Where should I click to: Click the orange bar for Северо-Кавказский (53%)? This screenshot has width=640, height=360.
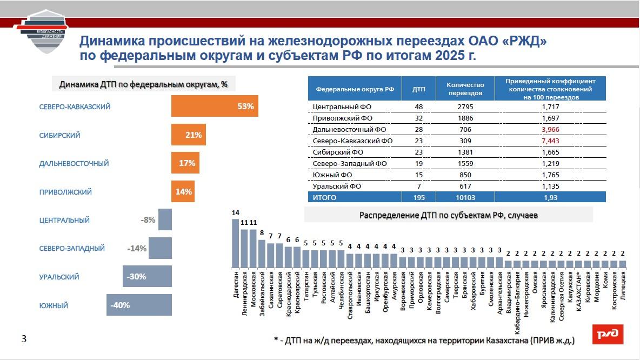215,106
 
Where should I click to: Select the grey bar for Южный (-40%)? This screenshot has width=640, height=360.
139,305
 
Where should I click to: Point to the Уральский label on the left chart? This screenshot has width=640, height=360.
59,277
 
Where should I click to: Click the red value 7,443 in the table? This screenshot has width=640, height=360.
550,141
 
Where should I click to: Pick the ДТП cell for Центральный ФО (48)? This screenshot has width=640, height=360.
418,106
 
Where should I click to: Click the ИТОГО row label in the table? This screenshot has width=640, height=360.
324,197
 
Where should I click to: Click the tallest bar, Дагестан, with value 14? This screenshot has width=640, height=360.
236,243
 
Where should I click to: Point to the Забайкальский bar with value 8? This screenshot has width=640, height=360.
262,254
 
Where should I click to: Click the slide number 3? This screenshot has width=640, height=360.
23,339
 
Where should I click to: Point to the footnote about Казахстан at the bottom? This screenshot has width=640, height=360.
424,341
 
